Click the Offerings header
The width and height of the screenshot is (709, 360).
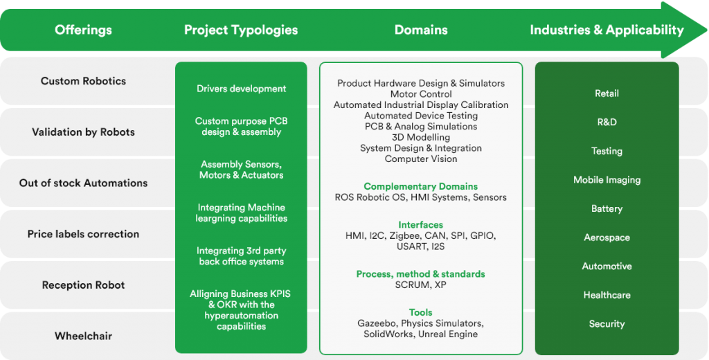(83, 30)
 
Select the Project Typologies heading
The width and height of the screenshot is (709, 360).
(241, 30)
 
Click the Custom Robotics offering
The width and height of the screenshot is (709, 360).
(83, 81)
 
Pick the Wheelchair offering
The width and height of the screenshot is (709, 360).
(83, 336)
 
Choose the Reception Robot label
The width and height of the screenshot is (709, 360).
(83, 285)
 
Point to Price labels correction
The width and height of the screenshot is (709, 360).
(83, 234)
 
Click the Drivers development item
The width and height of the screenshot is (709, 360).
(241, 89)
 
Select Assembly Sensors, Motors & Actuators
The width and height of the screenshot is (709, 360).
(241, 170)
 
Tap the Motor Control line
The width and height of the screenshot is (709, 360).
(421, 94)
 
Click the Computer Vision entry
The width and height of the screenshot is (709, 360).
(421, 159)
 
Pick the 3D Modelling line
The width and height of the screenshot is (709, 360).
(421, 137)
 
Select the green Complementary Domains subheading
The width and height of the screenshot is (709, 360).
(421, 186)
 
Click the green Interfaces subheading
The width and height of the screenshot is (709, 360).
(421, 225)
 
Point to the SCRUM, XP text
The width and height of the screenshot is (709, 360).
(421, 285)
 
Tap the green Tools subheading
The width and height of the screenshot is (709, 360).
(421, 312)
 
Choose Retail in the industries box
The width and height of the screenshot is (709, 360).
(607, 93)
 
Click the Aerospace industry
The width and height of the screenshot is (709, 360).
(607, 237)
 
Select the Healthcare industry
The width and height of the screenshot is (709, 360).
(607, 295)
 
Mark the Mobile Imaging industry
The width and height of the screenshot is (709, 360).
(607, 180)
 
